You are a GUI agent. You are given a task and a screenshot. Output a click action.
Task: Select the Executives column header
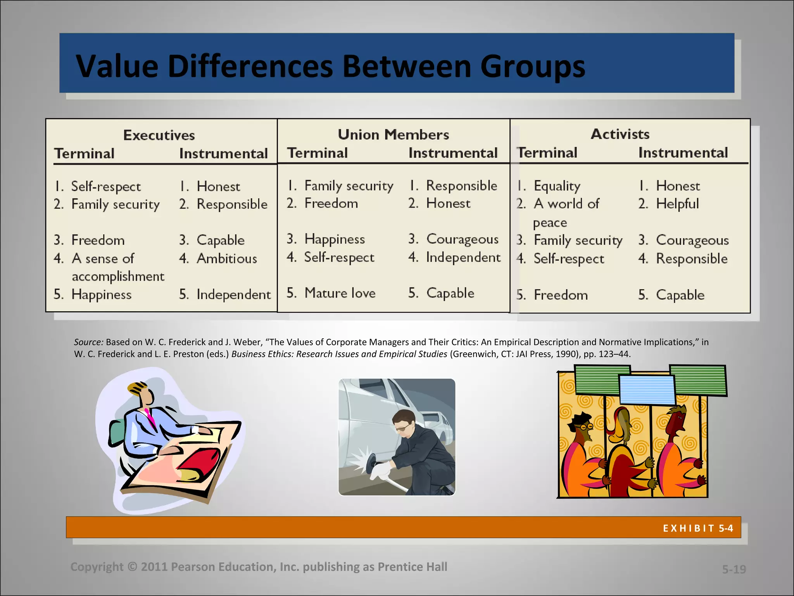pyautogui.click(x=159, y=135)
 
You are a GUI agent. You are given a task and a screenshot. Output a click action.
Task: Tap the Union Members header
pyautogui.click(x=393, y=134)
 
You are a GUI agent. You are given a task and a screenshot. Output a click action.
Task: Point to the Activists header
pyautogui.click(x=620, y=134)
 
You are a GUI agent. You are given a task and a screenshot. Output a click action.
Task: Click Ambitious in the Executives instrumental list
pyautogui.click(x=227, y=258)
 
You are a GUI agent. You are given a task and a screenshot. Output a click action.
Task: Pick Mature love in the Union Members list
pyautogui.click(x=340, y=293)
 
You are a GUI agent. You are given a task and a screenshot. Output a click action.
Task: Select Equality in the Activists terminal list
pyautogui.click(x=557, y=186)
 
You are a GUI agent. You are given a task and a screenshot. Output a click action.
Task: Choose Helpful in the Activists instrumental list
pyautogui.click(x=677, y=204)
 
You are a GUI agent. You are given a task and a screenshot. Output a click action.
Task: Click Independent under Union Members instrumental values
pyautogui.click(x=463, y=257)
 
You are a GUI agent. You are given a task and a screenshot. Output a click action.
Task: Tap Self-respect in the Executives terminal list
pyautogui.click(x=106, y=187)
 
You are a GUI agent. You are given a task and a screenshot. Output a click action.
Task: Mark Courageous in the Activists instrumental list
pyautogui.click(x=692, y=240)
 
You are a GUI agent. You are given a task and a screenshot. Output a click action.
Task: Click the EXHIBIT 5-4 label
pyautogui.click(x=698, y=528)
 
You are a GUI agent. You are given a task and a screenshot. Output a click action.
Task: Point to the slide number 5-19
pyautogui.click(x=734, y=569)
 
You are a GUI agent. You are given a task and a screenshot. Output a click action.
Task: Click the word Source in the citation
pyautogui.click(x=88, y=342)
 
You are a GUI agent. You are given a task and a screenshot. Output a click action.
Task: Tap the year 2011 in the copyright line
pyautogui.click(x=154, y=567)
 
